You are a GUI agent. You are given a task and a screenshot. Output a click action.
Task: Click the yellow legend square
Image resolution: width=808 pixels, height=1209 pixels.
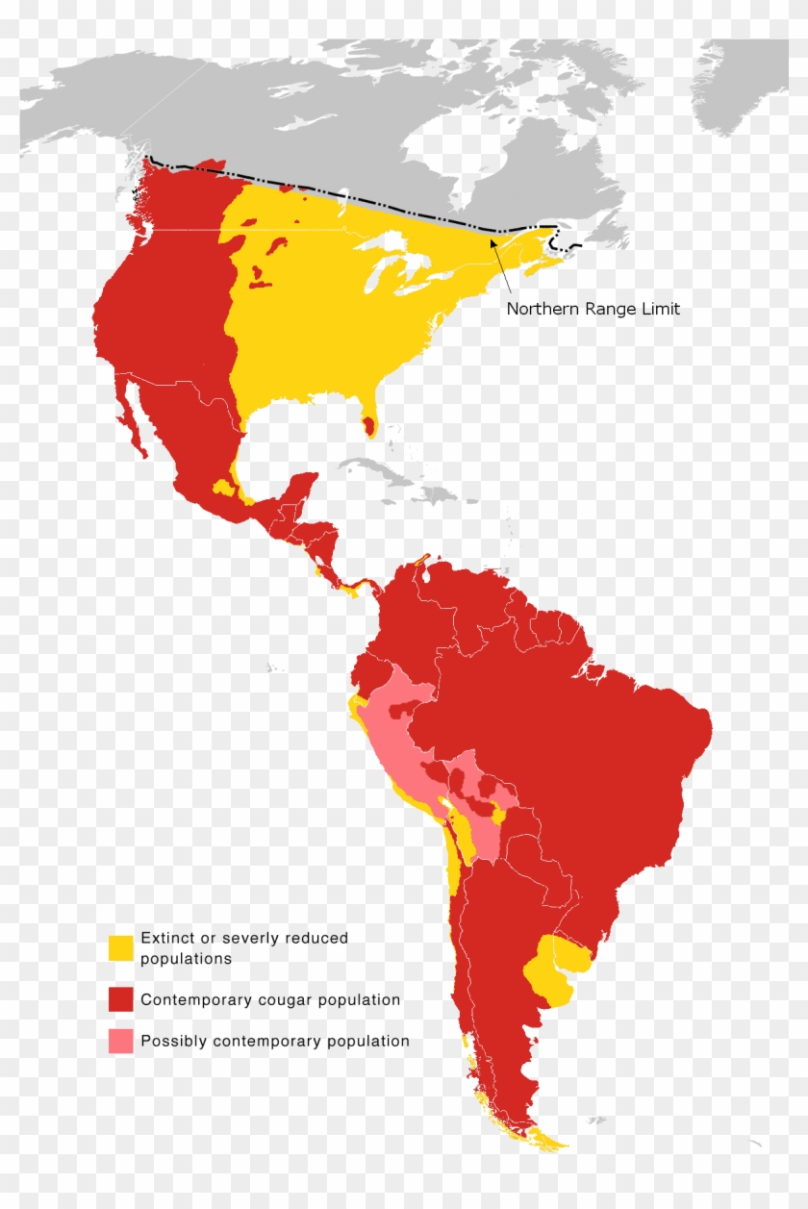[120, 947]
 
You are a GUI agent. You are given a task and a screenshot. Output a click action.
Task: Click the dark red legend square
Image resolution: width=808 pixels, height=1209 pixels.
[120, 999]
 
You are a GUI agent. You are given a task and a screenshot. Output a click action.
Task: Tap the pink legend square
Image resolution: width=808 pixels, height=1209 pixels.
[120, 1041]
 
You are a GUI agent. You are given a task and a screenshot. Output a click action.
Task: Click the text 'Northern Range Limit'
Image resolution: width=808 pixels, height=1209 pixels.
[593, 309]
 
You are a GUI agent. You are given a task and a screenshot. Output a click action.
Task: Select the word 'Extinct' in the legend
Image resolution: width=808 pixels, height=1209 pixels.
[166, 938]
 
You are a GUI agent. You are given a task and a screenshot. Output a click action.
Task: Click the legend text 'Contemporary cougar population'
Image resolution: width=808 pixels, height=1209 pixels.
[270, 999]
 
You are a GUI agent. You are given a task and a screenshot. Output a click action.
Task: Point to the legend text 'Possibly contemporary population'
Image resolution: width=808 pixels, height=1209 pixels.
[275, 1041]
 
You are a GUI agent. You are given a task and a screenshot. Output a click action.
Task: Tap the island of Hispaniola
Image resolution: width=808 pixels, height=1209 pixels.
[438, 495]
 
